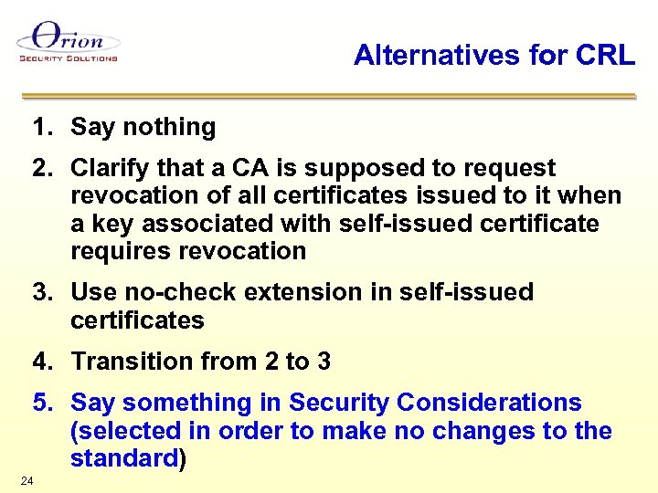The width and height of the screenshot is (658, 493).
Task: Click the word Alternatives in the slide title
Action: pyautogui.click(x=427, y=56)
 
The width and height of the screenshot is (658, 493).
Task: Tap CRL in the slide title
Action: pyautogui.click(x=605, y=56)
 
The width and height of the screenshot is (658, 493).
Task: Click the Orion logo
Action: pyautogui.click(x=68, y=42)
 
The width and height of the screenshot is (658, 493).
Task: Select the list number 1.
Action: pyautogui.click(x=40, y=127)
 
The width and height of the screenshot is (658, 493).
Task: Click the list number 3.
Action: pyautogui.click(x=40, y=292)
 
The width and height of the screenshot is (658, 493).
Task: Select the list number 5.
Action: pyautogui.click(x=40, y=403)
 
